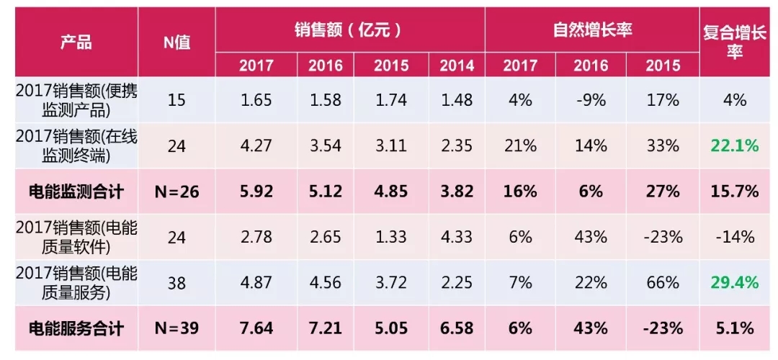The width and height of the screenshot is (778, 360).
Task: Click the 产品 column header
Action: [76, 42]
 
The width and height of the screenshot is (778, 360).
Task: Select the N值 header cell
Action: [176, 42]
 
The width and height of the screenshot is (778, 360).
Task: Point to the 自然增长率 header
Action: [591, 30]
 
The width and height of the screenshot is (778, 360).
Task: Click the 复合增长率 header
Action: [735, 42]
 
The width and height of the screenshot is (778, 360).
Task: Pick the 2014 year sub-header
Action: [457, 66]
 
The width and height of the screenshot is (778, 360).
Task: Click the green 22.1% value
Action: [735, 146]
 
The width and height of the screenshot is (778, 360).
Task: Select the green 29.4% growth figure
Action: [735, 282]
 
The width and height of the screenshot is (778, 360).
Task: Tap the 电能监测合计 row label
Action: [76, 192]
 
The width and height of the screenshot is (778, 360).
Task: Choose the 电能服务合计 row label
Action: [76, 328]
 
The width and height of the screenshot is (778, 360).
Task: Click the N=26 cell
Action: [176, 192]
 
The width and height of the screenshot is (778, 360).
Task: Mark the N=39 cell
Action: [176, 328]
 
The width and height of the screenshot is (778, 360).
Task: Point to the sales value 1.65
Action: [256, 100]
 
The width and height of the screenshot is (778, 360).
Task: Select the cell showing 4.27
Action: [256, 146]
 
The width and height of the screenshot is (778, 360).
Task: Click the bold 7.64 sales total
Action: [256, 328]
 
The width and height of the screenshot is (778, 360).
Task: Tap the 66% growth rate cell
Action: [663, 282]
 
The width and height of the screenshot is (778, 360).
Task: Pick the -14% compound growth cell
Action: [735, 237]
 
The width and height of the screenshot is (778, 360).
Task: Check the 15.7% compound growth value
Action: [735, 192]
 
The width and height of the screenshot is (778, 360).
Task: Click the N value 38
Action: [176, 282]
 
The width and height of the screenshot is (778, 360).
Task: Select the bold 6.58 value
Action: [457, 328]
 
